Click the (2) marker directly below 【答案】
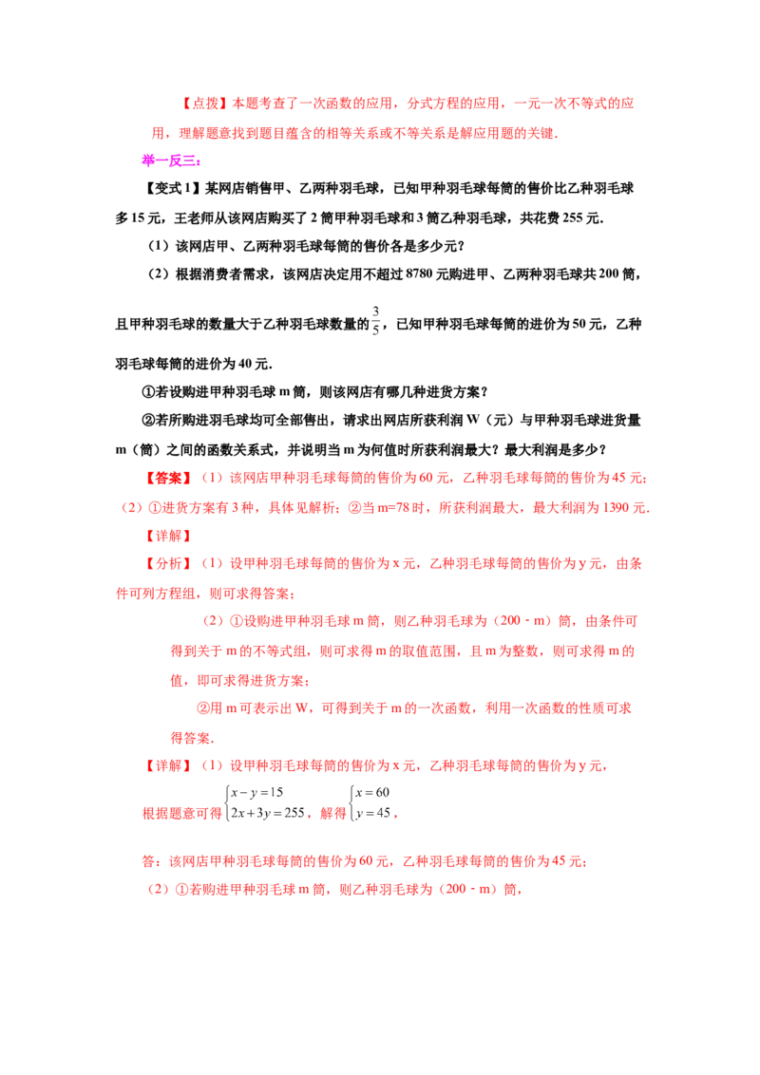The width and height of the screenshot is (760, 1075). coord(131,508)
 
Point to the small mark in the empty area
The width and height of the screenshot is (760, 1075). coord(375,322)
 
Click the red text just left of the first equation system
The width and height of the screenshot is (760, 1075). coord(181,814)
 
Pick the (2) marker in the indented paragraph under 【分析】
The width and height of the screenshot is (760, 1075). coord(213,622)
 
